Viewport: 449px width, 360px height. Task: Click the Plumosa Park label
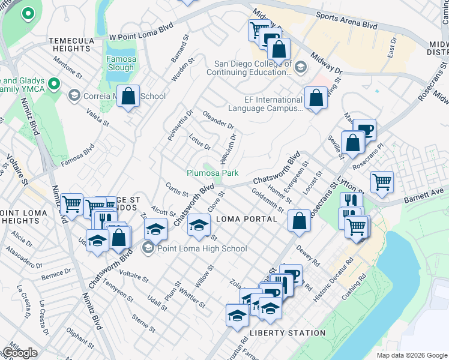click(x=212, y=173)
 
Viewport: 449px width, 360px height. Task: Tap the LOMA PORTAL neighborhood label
click(x=246, y=219)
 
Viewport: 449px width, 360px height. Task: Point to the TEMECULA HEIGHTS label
click(x=73, y=44)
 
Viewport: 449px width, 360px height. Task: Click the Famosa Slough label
click(x=120, y=64)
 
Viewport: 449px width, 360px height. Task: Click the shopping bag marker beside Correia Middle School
click(x=128, y=96)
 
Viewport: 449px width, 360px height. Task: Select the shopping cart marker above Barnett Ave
click(x=382, y=181)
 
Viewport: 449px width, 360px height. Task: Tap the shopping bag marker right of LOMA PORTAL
click(x=299, y=220)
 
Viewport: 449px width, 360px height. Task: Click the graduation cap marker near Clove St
click(x=199, y=225)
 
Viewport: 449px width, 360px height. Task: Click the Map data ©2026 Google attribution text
click(x=411, y=355)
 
